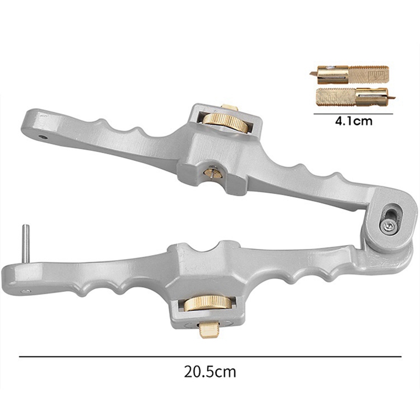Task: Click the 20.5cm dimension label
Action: coord(210,372)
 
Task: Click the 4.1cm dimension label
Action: coord(353,121)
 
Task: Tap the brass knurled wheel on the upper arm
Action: coord(225,123)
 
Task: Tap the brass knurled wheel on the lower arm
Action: coord(208,303)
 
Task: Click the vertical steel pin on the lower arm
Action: coord(26,244)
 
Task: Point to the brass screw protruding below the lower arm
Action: coord(208,330)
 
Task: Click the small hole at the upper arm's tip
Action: coord(43,137)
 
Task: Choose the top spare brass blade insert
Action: coord(349,75)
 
